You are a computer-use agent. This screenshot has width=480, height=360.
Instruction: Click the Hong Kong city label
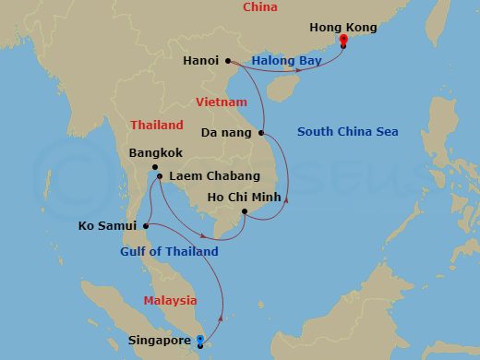(x=343, y=28)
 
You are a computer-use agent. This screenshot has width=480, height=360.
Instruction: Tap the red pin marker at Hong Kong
(x=343, y=41)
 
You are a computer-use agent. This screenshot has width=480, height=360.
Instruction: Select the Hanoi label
(x=200, y=61)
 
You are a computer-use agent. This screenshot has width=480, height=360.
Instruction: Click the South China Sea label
(x=348, y=132)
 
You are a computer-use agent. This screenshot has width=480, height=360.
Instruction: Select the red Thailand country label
(x=157, y=125)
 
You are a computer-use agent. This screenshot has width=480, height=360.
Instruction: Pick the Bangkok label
(x=156, y=152)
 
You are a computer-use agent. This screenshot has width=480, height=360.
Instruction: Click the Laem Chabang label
(x=210, y=175)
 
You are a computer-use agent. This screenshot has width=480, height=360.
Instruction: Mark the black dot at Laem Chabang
(x=160, y=175)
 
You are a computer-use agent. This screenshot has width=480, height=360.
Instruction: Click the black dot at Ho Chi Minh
(x=244, y=211)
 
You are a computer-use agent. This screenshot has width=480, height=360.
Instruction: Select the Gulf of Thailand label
(x=169, y=251)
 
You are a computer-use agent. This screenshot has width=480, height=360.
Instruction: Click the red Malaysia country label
(x=170, y=300)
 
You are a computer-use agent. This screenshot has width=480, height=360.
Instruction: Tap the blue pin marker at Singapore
(x=200, y=341)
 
